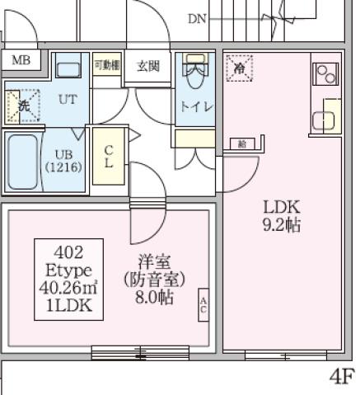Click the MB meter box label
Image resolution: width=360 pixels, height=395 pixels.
[21, 61]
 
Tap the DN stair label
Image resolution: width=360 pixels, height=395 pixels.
[197, 18]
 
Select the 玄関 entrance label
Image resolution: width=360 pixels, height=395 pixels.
[148, 66]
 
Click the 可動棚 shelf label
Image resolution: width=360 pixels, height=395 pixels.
[106, 65]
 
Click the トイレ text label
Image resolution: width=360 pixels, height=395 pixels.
[196, 107]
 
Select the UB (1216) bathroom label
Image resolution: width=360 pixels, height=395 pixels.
[63, 159]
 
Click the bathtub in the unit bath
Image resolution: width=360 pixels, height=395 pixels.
[24, 161]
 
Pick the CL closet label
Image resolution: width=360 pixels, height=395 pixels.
[108, 156]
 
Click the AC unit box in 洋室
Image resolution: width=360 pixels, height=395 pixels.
[203, 304]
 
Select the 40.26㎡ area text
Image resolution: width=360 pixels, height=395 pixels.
[68, 287]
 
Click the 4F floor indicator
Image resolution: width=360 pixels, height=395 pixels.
[343, 377]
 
